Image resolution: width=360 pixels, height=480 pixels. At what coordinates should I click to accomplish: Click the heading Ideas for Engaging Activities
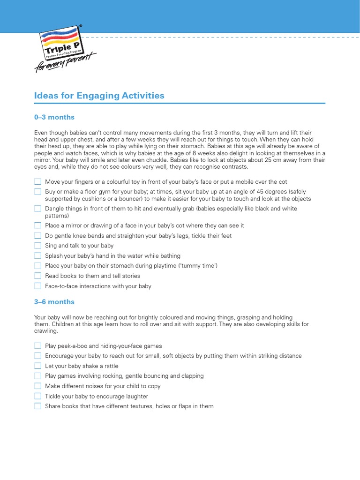click(99, 96)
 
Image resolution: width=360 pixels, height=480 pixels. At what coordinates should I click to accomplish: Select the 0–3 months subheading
click(54, 117)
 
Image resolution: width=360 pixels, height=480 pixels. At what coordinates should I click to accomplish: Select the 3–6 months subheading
click(54, 302)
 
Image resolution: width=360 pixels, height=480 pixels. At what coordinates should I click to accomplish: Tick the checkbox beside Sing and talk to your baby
click(37, 246)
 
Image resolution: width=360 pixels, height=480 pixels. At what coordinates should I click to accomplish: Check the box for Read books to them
click(37, 276)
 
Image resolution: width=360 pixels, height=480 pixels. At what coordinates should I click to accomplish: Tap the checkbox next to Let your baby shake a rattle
click(37, 366)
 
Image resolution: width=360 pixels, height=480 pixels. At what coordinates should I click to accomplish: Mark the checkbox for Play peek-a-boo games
click(37, 346)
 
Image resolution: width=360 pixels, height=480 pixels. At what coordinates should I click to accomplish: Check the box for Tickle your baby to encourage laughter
click(37, 396)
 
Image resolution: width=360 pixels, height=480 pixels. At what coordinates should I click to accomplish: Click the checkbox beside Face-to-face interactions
click(37, 286)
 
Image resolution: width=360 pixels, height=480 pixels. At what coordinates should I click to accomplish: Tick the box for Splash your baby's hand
click(37, 256)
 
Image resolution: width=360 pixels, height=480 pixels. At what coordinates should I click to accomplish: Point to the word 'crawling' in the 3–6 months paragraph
click(46, 331)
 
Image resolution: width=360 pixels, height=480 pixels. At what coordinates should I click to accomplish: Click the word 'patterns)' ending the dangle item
click(57, 216)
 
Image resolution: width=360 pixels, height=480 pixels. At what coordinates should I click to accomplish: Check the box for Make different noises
click(37, 386)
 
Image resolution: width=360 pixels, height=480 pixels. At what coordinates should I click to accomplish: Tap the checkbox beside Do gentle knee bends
click(37, 236)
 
